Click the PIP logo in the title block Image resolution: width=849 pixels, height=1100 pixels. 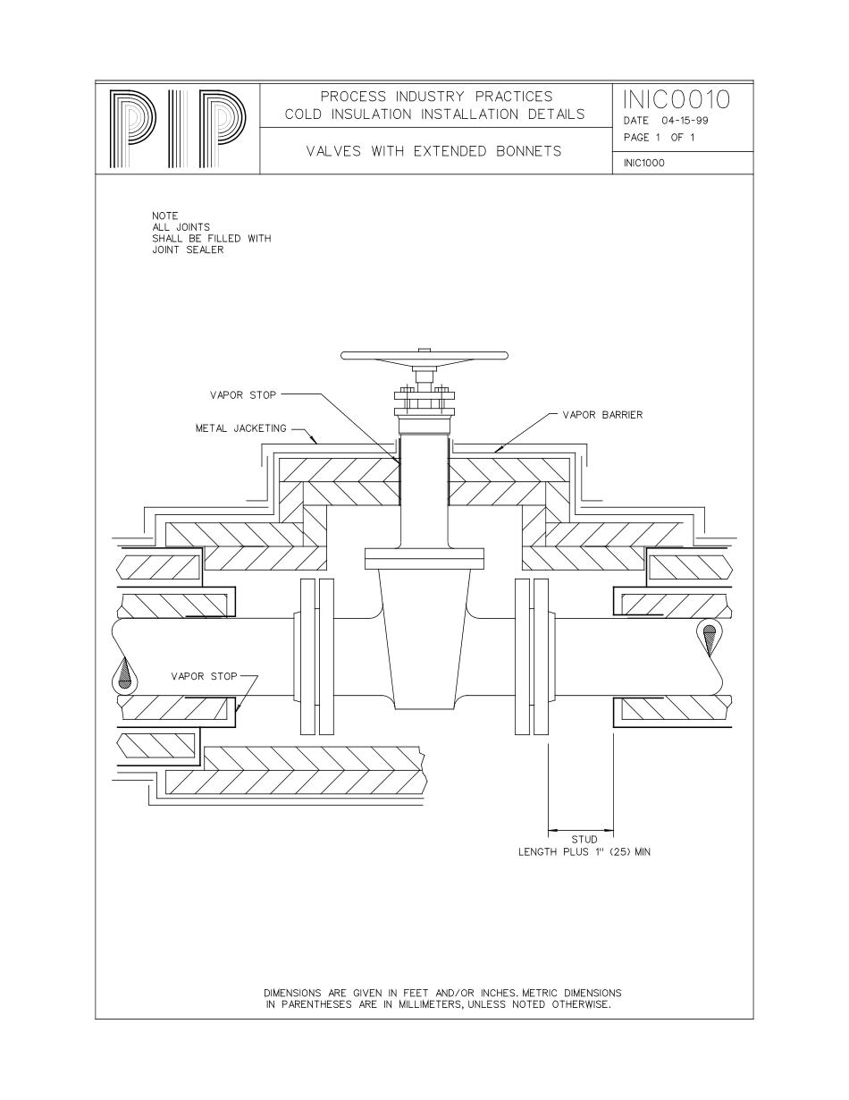click(177, 130)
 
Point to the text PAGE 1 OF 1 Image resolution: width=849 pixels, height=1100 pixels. click(656, 137)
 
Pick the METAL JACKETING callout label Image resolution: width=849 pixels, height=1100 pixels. click(240, 428)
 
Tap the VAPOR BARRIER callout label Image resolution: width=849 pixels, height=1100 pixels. click(602, 415)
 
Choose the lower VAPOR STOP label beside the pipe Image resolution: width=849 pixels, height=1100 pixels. click(204, 676)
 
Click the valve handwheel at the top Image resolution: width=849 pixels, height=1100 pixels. click(425, 356)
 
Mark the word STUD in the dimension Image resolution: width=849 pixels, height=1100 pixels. click(584, 840)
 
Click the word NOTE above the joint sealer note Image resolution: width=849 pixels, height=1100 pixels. click(165, 216)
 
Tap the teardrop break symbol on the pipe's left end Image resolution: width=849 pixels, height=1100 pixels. click(125, 674)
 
